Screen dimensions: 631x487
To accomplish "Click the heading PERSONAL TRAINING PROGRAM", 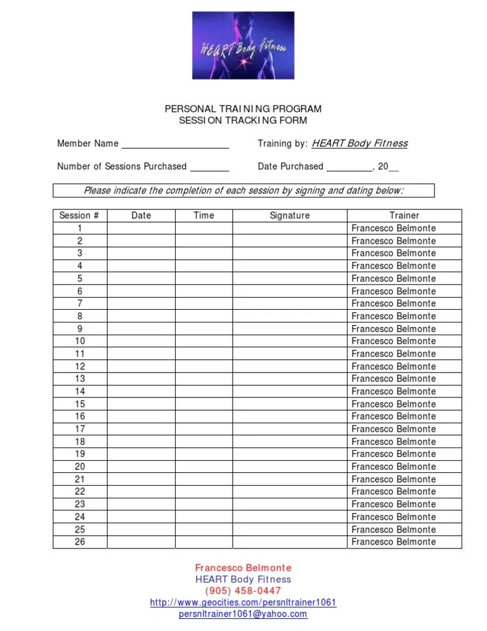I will [243, 109].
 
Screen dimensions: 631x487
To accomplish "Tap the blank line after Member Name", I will [175, 144].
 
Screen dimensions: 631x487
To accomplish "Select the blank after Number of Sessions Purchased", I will [209, 167].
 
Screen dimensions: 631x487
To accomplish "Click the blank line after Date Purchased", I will [349, 167].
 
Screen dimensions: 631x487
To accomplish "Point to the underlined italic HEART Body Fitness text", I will [359, 143].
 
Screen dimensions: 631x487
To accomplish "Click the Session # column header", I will [79, 216].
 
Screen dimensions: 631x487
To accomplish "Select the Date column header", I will [141, 216].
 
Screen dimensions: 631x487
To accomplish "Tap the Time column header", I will [204, 216].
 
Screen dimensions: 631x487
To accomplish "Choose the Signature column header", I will [290, 216].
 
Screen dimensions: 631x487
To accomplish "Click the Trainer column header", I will [404, 216].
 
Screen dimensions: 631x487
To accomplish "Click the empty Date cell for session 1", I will [141, 229].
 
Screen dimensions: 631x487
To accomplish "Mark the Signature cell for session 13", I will [290, 379].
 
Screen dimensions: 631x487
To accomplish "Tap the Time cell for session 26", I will [204, 542].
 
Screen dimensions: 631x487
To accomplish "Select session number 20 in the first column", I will [80, 467].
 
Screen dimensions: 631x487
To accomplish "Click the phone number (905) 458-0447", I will [243, 591].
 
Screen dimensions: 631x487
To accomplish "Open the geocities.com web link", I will [243, 602].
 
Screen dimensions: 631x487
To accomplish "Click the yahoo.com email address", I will [243, 614].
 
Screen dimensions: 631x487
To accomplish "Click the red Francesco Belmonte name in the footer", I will [243, 568].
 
